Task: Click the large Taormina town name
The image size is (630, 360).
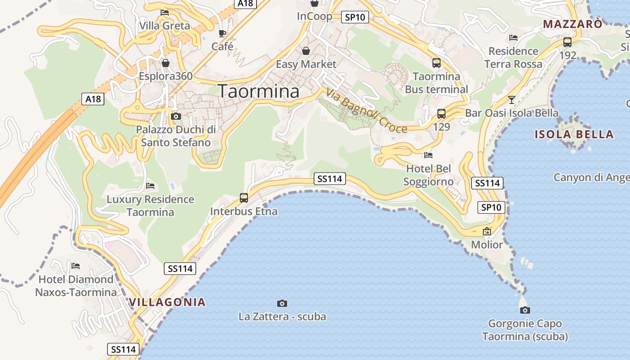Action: click(259, 91)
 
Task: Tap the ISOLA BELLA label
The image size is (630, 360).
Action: click(574, 134)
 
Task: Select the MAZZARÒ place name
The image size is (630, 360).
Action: click(572, 24)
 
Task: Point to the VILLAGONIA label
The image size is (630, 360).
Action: click(167, 302)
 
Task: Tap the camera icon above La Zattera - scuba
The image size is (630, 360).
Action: click(282, 303)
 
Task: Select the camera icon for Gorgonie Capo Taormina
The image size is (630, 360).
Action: click(525, 310)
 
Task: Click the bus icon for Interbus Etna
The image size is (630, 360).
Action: click(244, 198)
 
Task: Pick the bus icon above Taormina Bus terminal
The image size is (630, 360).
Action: click(436, 63)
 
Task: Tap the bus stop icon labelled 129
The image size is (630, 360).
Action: click(441, 114)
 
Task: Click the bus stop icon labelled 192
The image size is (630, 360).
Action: click(567, 42)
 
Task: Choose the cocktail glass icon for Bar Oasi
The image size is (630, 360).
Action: click(511, 99)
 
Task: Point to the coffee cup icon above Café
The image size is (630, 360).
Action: click(222, 33)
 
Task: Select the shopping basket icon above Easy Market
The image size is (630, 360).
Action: click(306, 51)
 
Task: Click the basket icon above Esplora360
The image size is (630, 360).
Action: click(166, 63)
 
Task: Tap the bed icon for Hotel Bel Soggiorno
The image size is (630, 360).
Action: click(428, 155)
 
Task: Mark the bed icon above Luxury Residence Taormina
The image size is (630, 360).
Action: click(150, 185)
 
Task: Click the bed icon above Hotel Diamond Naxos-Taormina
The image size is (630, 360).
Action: click(76, 266)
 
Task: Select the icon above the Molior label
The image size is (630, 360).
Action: click(486, 232)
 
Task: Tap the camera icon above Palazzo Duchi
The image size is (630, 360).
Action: click(176, 117)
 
